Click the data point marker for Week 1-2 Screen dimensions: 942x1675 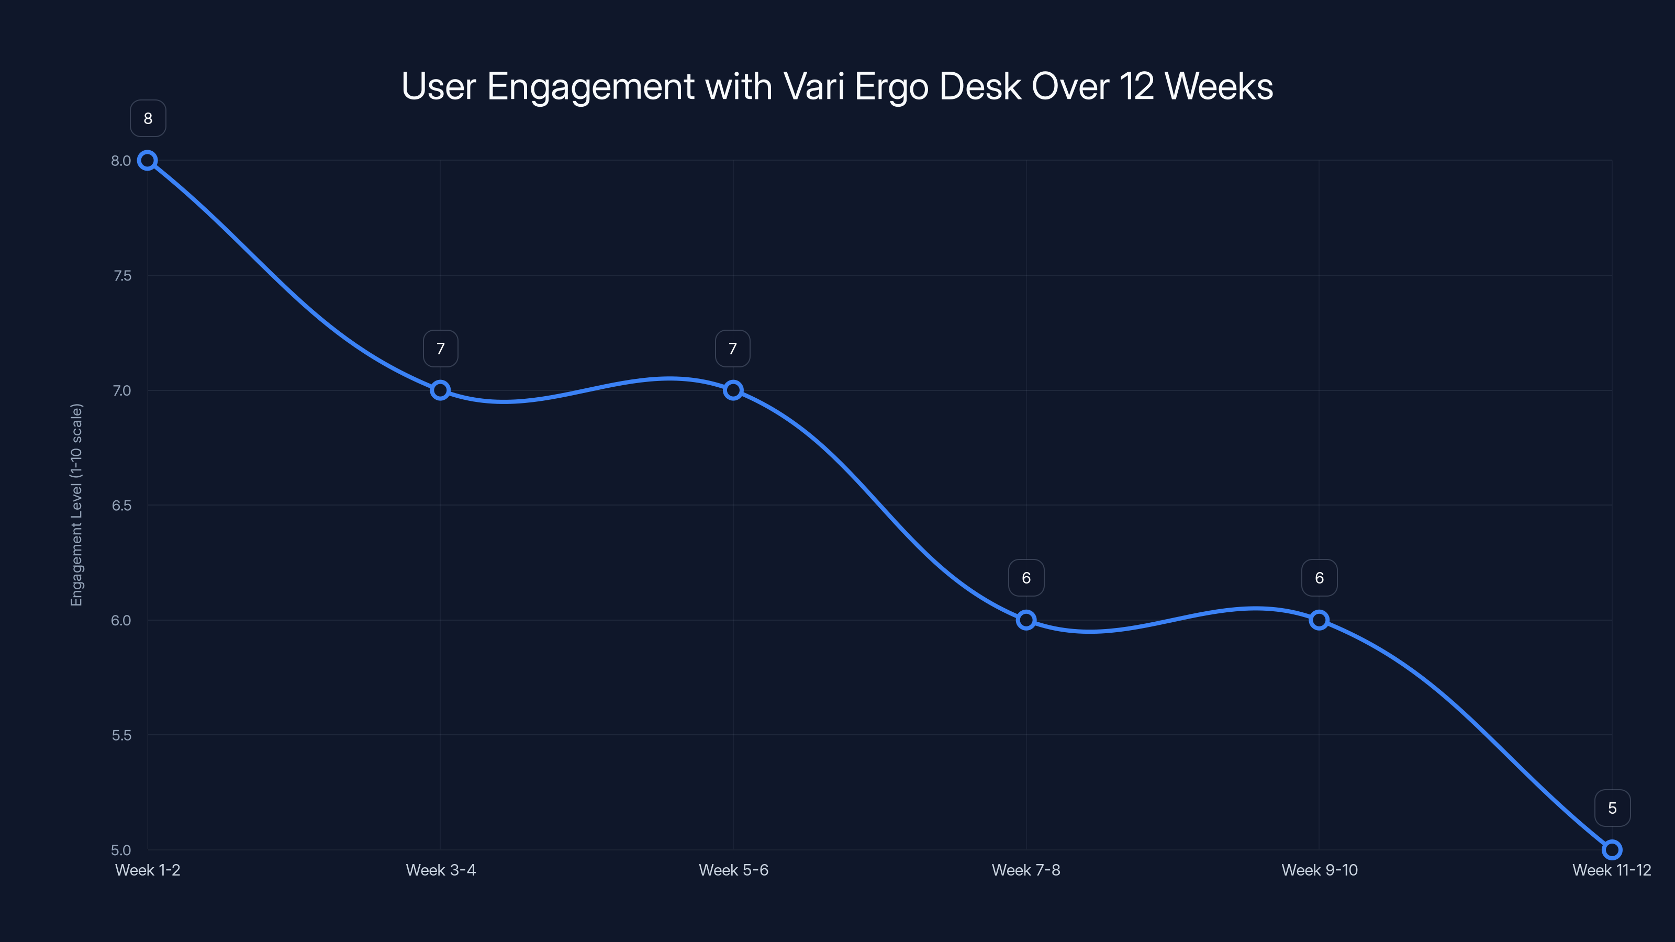coord(148,161)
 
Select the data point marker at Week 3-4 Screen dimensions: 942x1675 coord(440,390)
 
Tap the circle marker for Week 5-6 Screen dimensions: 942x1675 coord(733,390)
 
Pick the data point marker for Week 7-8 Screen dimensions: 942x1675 coord(1026,620)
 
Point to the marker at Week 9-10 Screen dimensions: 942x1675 coord(1319,620)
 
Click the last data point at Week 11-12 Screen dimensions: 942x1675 coord(1612,850)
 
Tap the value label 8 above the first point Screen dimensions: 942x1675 coord(148,118)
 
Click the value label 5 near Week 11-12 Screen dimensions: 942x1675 coord(1612,808)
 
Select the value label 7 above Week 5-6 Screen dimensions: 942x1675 coord(733,349)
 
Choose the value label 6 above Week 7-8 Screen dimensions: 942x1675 coord(1026,578)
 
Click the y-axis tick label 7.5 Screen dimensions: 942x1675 coord(121,276)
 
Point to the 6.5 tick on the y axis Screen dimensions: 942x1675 coord(121,506)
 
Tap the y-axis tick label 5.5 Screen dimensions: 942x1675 coord(121,735)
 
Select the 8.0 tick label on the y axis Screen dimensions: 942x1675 coord(121,161)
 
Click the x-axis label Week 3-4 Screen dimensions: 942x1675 coord(440,870)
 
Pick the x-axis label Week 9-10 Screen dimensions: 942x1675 coord(1319,870)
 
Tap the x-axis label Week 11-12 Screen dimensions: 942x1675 coord(1611,870)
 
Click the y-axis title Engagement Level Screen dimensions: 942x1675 coord(77,505)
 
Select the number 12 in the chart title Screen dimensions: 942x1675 coord(1136,86)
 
